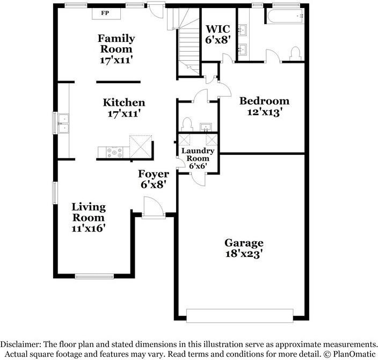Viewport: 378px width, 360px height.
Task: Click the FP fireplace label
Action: click(105, 13)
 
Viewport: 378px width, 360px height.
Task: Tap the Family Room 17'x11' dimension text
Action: click(117, 60)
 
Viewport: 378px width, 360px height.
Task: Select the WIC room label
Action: click(217, 29)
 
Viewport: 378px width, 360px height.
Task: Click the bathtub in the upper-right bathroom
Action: click(285, 16)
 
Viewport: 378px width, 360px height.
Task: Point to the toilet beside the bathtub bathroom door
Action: click(295, 54)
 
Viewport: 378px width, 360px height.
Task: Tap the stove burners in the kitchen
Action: click(114, 152)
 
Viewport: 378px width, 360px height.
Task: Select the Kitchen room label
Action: click(124, 103)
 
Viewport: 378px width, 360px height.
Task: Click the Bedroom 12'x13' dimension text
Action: click(265, 112)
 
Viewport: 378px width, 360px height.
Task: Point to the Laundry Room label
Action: click(198, 154)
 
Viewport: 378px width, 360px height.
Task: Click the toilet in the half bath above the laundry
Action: click(187, 124)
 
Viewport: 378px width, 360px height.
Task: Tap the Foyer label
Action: click(154, 174)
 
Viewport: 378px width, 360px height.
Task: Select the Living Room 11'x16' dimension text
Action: click(89, 228)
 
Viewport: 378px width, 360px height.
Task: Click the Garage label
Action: click(244, 243)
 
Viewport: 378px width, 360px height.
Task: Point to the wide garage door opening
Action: click(240, 315)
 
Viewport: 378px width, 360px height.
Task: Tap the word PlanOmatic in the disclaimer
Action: click(354, 354)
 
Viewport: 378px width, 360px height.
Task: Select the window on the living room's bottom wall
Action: click(95, 276)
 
